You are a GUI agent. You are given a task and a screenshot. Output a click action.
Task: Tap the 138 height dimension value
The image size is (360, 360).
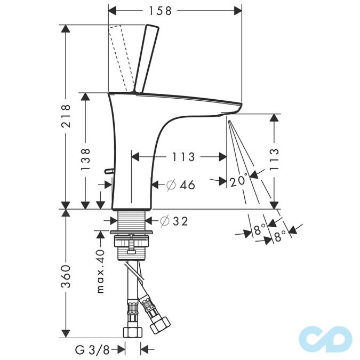coord(86,158)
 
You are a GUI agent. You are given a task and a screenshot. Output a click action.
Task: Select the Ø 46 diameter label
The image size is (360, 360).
coord(180,185)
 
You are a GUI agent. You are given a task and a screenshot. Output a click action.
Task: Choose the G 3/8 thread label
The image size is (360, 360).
coord(92,350)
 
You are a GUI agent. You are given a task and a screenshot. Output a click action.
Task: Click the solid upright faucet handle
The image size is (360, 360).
coord(147,59)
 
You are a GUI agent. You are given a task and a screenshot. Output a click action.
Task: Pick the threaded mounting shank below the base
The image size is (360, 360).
coord(131,220)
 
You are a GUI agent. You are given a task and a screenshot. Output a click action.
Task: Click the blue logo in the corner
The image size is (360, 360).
coord(325,337)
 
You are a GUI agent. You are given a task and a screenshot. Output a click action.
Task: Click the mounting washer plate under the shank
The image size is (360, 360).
coord(132,233)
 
